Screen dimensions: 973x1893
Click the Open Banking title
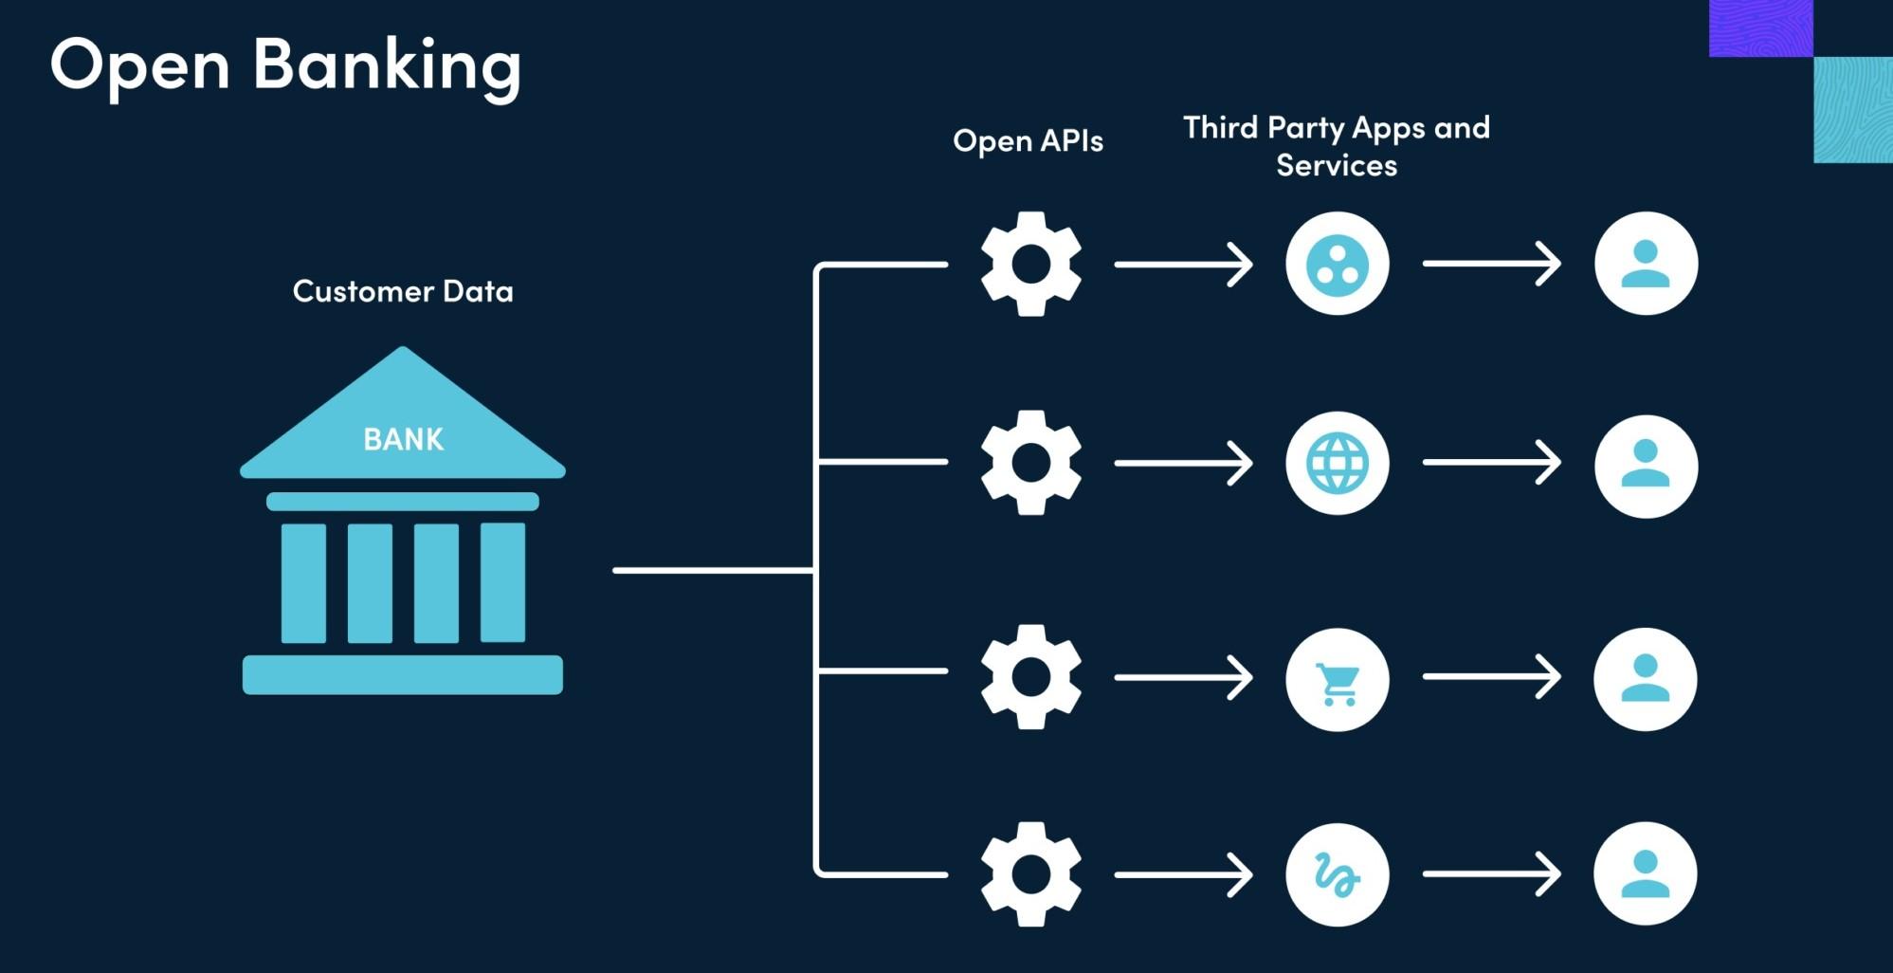[285, 65]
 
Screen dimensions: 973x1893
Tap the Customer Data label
[403, 291]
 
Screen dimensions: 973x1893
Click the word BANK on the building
[403, 439]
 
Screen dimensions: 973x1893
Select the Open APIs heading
[1028, 141]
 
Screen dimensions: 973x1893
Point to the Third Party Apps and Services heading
[1336, 146]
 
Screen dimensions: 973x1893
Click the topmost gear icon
[1030, 264]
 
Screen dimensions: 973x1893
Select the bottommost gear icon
[1030, 873]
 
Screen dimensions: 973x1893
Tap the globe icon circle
[1337, 463]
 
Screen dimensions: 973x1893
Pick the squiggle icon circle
[1337, 873]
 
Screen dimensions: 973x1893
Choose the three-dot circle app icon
[1337, 264]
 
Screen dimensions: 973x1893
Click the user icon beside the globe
[1646, 466]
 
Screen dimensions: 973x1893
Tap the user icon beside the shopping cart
[1645, 679]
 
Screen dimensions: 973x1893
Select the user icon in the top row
[1646, 264]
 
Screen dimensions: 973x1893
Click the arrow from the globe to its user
[1491, 463]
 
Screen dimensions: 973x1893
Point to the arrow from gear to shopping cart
[1183, 677]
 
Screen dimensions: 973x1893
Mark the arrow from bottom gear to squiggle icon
[1183, 874]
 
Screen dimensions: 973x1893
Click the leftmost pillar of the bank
[303, 582]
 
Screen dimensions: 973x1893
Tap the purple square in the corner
[1760, 28]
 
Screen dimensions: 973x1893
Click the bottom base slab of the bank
[403, 674]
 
